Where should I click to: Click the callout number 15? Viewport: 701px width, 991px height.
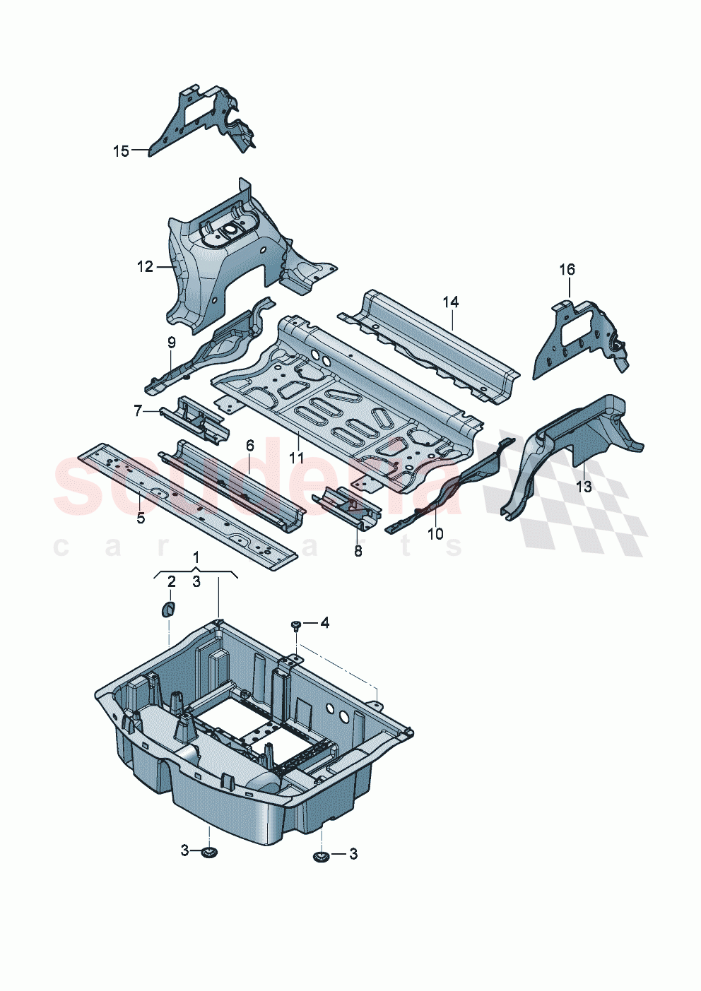(121, 150)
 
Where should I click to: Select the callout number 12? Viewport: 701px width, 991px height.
(145, 266)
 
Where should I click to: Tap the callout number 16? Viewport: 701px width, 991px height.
(567, 269)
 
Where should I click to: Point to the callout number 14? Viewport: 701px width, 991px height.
(451, 302)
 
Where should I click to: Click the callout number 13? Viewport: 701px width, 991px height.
(584, 487)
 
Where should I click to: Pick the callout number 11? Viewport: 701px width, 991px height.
(296, 458)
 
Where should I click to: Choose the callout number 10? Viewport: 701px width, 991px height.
(435, 533)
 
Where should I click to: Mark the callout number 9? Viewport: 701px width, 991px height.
(171, 343)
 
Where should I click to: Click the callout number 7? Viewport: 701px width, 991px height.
(138, 410)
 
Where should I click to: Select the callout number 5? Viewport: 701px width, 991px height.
(141, 518)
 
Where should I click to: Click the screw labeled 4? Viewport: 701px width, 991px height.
(295, 624)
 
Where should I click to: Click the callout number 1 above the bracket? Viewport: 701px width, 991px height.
(196, 557)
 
